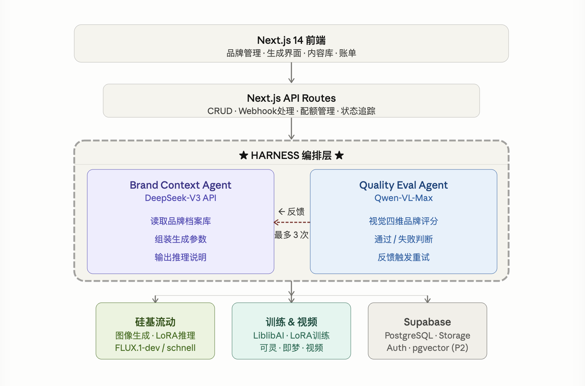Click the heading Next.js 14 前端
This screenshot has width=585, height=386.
coord(291,40)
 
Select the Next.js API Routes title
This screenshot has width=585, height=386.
coord(291,98)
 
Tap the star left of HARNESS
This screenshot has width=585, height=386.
coord(243,155)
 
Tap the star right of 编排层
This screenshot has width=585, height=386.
coord(339,155)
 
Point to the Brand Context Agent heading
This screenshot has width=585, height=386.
coord(181,185)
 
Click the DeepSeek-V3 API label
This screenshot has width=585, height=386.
coord(181,198)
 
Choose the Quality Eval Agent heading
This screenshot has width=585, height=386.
coord(404,185)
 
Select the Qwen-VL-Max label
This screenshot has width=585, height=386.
coord(404,198)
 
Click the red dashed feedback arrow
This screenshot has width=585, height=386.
coord(292,222)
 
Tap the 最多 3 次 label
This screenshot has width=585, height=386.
coord(291,235)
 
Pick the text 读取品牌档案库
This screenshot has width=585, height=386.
coord(181,221)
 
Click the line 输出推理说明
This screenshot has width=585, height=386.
coord(181,257)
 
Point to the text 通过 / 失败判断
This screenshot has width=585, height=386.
coord(404,239)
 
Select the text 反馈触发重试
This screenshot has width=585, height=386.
coord(404,257)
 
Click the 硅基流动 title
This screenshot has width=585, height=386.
coord(155,322)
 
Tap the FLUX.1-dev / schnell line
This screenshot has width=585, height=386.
coord(155,348)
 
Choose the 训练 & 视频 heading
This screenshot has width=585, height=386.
coord(291,322)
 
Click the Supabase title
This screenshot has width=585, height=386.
coord(427,322)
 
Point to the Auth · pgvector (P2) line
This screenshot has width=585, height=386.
coord(427,348)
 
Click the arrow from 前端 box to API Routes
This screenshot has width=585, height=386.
coord(291,73)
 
